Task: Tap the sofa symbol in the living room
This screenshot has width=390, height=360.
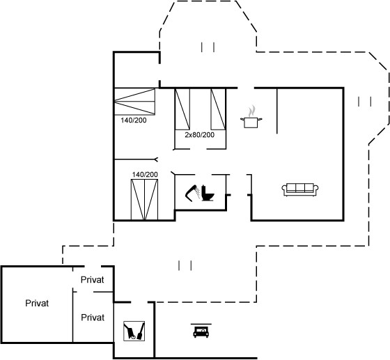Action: point(300,189)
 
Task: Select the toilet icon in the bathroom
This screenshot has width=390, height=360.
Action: point(208,193)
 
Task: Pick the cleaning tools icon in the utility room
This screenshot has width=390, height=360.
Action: point(134,331)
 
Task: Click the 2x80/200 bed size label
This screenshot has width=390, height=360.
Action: point(199,135)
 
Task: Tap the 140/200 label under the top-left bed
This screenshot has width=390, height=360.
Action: point(134,120)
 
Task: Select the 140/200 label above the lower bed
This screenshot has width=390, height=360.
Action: point(145,175)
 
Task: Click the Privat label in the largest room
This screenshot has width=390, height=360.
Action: point(37,304)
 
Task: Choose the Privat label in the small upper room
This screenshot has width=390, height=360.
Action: point(92,280)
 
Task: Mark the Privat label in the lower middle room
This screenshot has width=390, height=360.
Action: point(93,318)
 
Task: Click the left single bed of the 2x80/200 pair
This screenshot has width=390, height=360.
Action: point(182,109)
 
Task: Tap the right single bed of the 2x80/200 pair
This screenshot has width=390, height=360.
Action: point(218,109)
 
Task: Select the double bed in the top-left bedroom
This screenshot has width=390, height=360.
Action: point(134,102)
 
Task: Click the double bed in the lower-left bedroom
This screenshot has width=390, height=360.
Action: point(145,200)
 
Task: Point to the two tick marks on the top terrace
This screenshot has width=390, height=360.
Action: point(208,47)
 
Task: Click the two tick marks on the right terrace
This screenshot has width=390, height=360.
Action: point(365,102)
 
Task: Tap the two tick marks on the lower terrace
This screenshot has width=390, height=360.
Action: point(185,265)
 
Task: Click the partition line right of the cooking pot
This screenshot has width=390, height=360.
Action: point(277,111)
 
